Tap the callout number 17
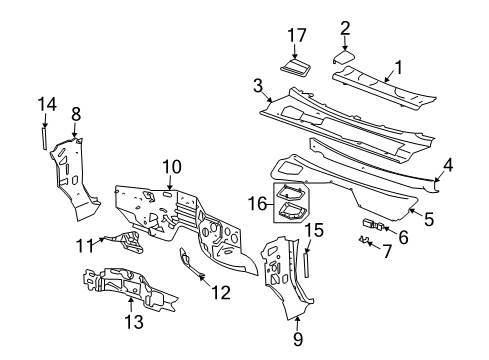296,35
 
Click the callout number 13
132,321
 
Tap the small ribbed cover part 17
297,67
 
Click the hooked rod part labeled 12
190,263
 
